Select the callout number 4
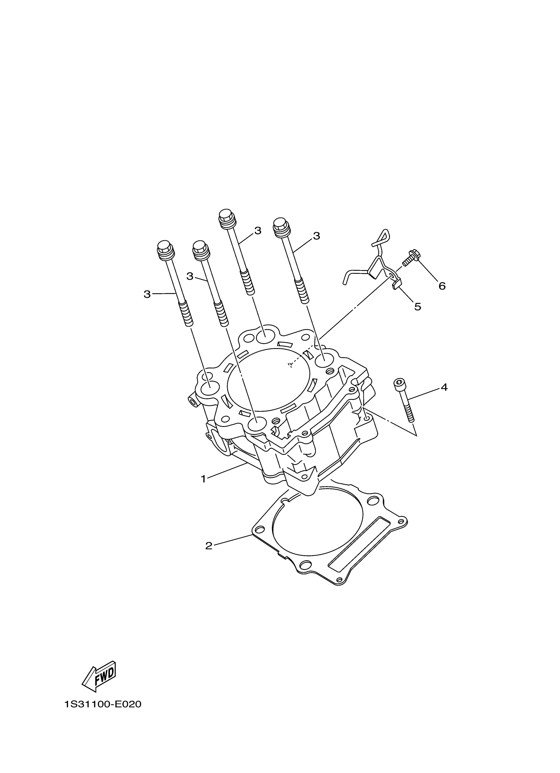(444, 387)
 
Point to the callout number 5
(417, 307)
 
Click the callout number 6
(442, 286)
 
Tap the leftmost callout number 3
(147, 294)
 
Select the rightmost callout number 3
(317, 236)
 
